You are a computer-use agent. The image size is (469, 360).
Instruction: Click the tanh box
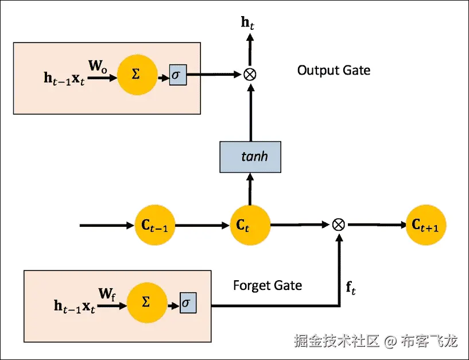click(x=250, y=157)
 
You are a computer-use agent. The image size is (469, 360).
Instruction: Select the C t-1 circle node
click(x=154, y=225)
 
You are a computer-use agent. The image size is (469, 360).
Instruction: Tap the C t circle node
click(x=250, y=225)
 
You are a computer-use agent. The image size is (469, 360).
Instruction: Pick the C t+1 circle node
click(x=426, y=225)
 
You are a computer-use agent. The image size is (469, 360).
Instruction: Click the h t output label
click(x=249, y=23)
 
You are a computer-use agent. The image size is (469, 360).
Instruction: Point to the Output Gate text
click(x=334, y=71)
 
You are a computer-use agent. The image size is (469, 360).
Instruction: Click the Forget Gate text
click(x=268, y=285)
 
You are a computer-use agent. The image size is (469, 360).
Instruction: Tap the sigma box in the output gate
click(x=177, y=75)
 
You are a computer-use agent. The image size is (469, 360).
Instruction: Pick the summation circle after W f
click(x=146, y=302)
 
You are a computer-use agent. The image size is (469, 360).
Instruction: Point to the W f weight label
click(x=107, y=294)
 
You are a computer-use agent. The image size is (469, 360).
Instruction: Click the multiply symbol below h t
click(x=250, y=74)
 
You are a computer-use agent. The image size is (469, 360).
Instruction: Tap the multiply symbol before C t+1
click(x=339, y=224)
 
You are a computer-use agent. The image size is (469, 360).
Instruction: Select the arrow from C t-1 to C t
click(x=201, y=225)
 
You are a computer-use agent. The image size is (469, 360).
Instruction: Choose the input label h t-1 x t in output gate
click(x=64, y=78)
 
